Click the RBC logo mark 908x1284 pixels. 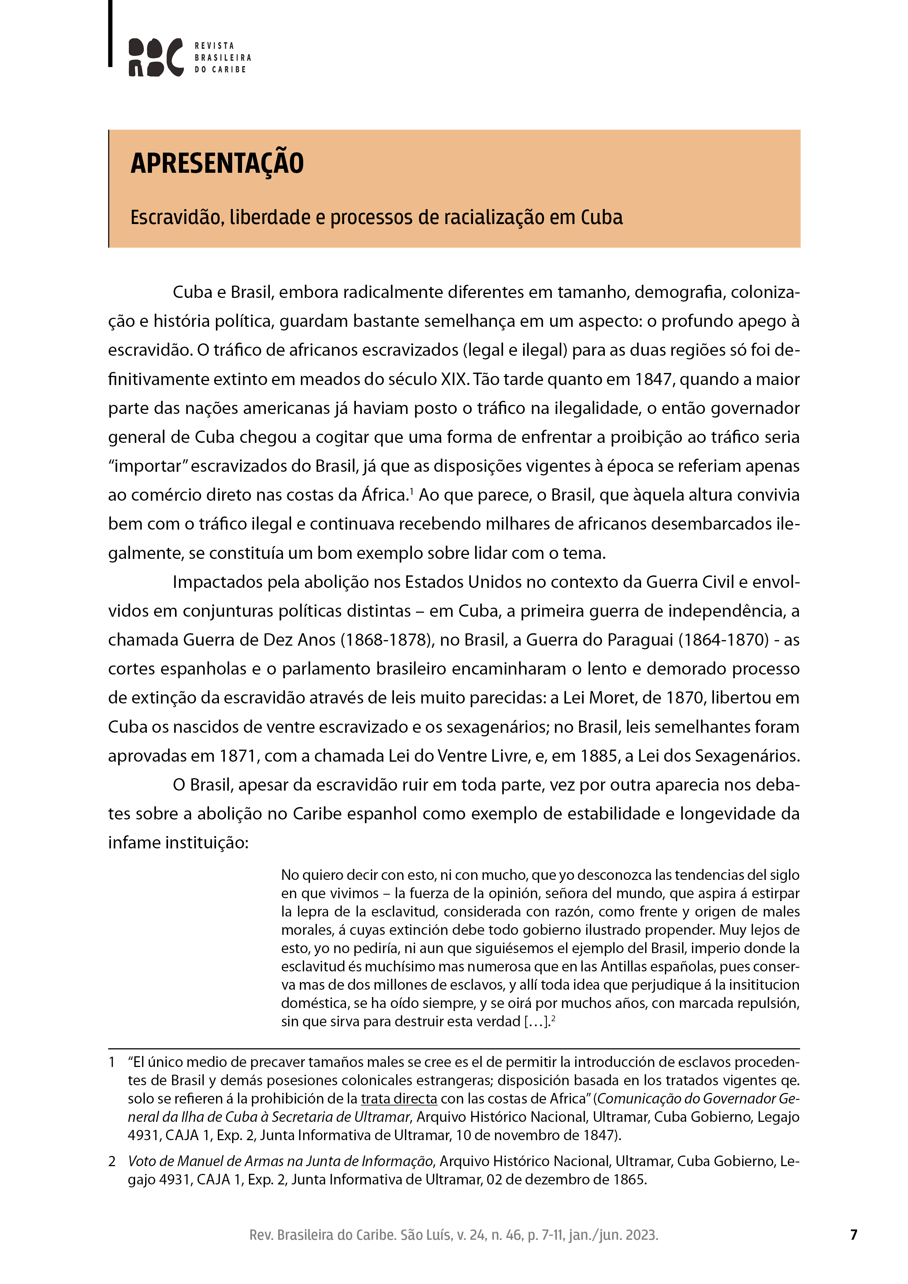coord(156,57)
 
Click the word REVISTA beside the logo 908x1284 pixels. coord(214,46)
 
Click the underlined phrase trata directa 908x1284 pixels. coord(398,1099)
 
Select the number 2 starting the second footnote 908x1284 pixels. coord(112,1161)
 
